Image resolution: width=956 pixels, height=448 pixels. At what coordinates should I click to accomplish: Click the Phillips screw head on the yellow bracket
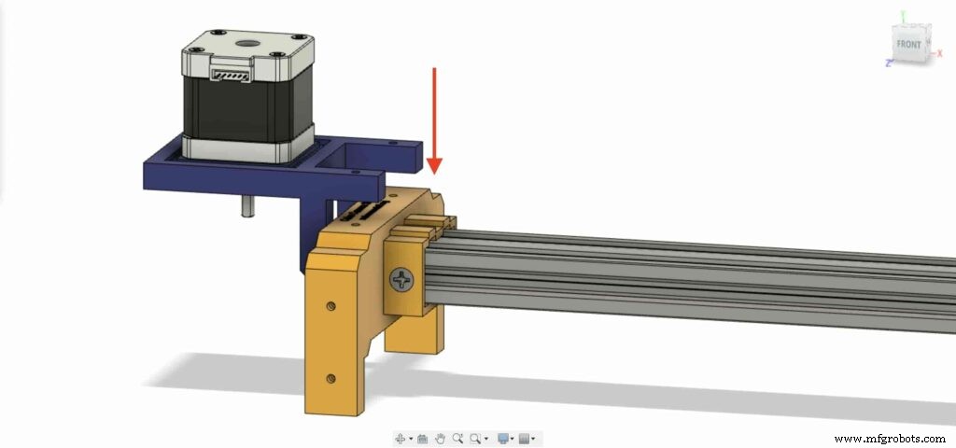(x=402, y=278)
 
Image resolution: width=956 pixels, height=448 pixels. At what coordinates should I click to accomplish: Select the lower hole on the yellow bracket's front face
(x=331, y=378)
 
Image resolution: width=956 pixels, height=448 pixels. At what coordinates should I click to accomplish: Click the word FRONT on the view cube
(x=908, y=45)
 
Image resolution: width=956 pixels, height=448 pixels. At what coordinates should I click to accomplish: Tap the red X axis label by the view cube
(x=939, y=54)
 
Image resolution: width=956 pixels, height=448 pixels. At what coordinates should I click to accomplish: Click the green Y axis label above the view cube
(x=902, y=14)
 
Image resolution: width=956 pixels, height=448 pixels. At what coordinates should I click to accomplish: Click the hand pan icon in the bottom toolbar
(x=440, y=438)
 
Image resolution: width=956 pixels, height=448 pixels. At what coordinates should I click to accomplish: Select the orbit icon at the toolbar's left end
(x=401, y=438)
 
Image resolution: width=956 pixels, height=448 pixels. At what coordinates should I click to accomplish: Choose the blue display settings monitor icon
(x=504, y=438)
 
